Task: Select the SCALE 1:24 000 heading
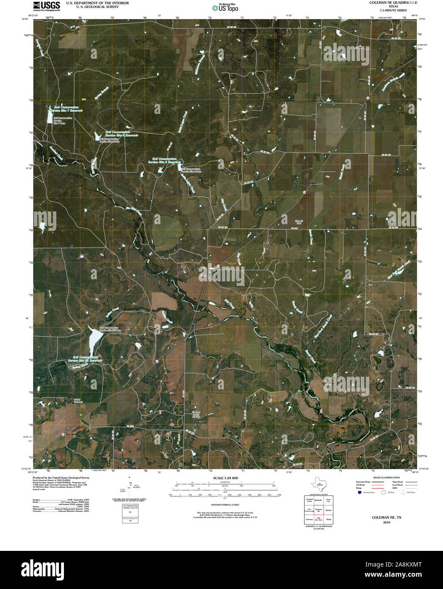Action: pos(226,478)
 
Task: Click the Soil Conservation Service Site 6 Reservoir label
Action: pos(122,133)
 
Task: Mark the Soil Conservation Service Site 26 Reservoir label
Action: pos(85,359)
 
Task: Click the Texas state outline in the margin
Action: pos(318,484)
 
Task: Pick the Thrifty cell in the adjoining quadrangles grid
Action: pos(329,520)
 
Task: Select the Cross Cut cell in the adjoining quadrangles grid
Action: pos(329,500)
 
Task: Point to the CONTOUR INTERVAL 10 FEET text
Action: pos(225,505)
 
